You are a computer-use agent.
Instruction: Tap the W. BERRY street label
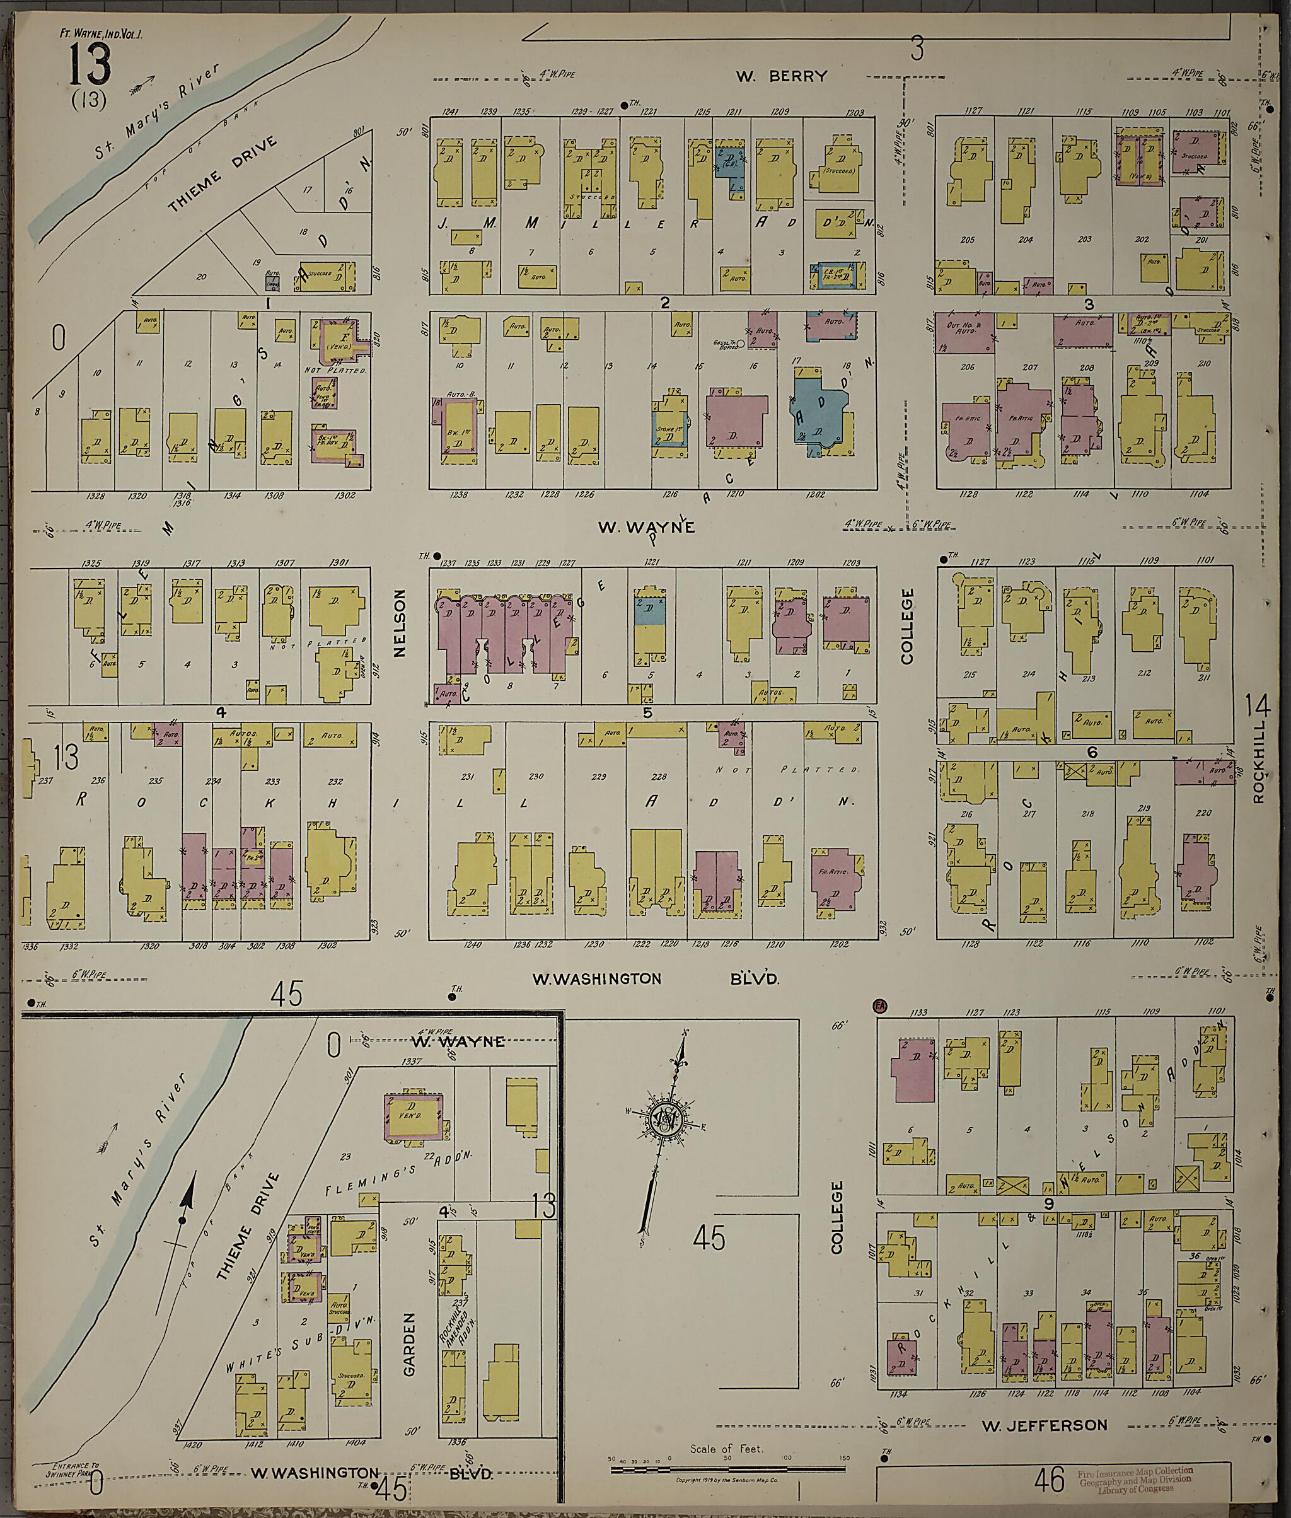tap(782, 76)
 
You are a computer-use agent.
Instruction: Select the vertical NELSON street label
tap(400, 614)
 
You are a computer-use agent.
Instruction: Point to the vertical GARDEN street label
tap(409, 1344)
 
